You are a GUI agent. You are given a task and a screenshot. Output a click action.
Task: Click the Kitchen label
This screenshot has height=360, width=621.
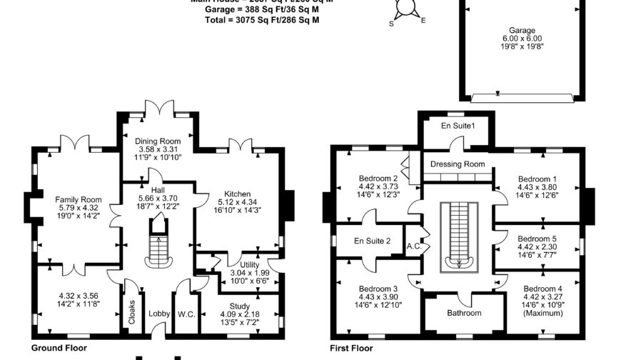(x=237, y=194)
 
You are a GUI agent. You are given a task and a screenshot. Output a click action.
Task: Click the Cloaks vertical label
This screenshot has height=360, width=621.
(x=132, y=312)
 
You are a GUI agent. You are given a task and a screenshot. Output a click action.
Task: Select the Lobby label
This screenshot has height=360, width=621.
(x=158, y=314)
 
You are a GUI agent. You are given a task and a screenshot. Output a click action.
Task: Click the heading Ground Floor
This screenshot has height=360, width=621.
(x=59, y=349)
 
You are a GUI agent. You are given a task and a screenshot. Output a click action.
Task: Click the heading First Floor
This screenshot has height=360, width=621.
(x=351, y=349)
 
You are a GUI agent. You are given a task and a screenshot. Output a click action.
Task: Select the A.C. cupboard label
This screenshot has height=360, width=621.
(x=415, y=246)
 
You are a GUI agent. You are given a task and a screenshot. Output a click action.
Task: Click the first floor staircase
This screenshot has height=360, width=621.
(x=458, y=236)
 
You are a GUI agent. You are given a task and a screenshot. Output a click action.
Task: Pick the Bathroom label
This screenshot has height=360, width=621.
(x=464, y=313)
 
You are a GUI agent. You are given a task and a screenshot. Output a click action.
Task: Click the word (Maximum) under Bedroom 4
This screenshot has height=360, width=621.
(x=541, y=313)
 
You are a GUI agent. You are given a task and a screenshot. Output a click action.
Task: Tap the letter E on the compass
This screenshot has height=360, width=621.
(x=423, y=21)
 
